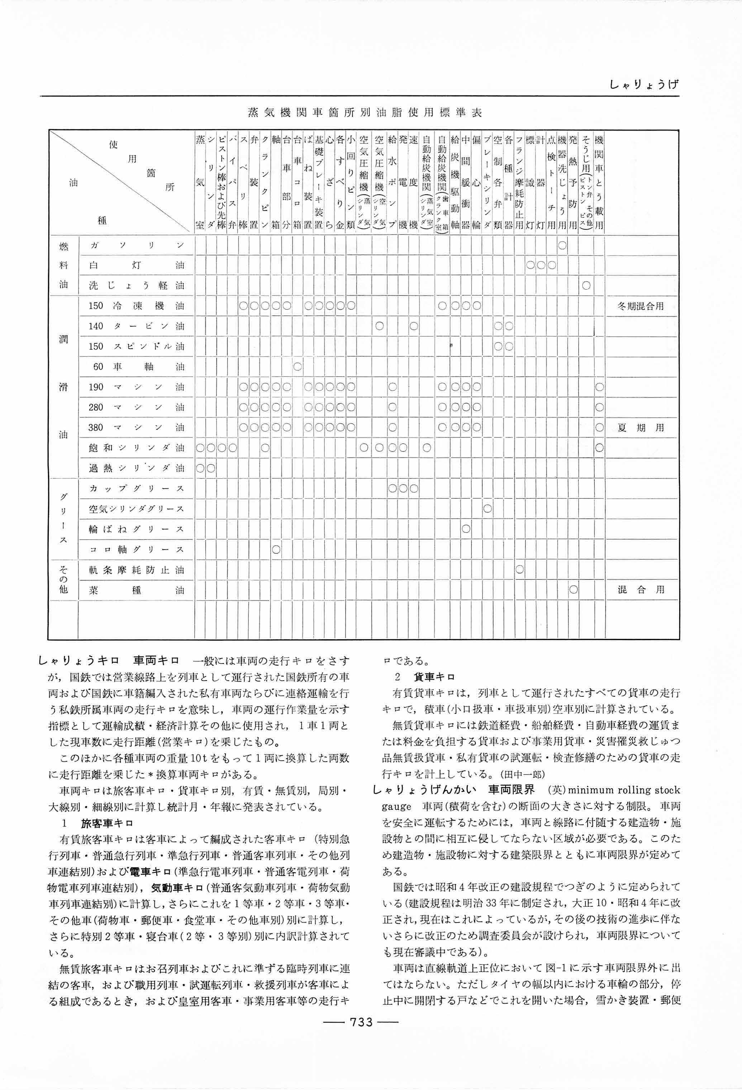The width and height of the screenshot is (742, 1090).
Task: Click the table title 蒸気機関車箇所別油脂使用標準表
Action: (365, 113)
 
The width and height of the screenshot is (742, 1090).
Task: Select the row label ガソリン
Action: (137, 245)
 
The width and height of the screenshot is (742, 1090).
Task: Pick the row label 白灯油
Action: (137, 265)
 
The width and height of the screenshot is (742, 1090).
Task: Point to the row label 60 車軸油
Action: (137, 367)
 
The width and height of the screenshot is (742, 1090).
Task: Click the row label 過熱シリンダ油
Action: (137, 468)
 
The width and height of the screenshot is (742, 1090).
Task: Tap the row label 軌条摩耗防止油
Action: (137, 570)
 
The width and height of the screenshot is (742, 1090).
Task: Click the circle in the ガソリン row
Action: (562, 245)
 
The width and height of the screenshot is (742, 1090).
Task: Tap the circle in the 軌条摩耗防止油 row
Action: (519, 570)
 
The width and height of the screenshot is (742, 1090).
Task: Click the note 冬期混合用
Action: (641, 306)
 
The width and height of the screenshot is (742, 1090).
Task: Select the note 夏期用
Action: (641, 428)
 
